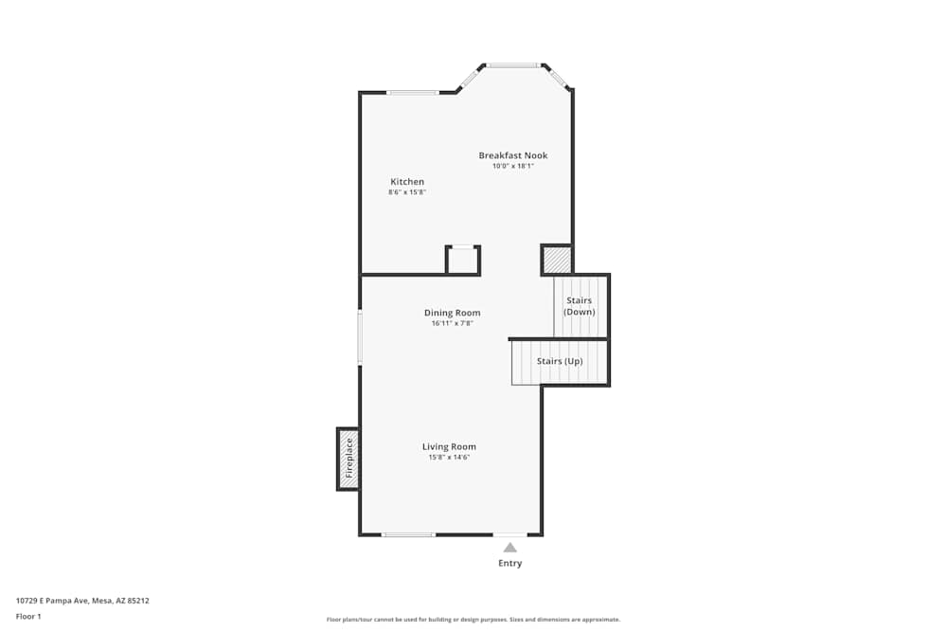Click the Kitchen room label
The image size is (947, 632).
407,182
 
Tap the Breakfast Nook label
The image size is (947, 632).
512,155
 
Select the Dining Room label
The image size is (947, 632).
452,313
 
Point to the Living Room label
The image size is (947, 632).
449,446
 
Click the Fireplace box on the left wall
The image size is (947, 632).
348,459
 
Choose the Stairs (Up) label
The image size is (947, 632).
560,361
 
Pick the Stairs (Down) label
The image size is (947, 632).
579,306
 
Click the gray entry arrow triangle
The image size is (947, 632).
509,547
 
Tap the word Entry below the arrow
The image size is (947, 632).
509,564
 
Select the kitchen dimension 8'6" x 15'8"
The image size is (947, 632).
407,192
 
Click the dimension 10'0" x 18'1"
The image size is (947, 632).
512,166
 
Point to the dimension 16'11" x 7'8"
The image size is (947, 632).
452,323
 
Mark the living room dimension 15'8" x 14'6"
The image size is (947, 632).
449,457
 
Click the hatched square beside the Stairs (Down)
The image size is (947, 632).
557,260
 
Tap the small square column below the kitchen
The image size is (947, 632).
463,261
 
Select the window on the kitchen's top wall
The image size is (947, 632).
413,92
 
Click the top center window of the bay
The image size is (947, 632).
513,65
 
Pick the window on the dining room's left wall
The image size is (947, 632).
360,338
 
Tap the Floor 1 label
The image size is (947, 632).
28,616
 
